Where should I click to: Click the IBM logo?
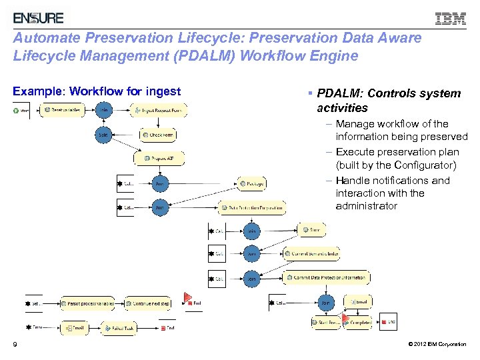(451, 19)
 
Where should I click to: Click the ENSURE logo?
(39, 18)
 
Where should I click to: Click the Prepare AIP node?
(159, 159)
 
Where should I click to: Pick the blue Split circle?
(103, 135)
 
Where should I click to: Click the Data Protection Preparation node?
(252, 207)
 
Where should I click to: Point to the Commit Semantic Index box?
(312, 254)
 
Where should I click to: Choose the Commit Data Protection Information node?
(327, 277)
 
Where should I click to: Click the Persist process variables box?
(88, 303)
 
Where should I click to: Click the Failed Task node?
(119, 328)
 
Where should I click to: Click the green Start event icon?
(17, 110)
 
